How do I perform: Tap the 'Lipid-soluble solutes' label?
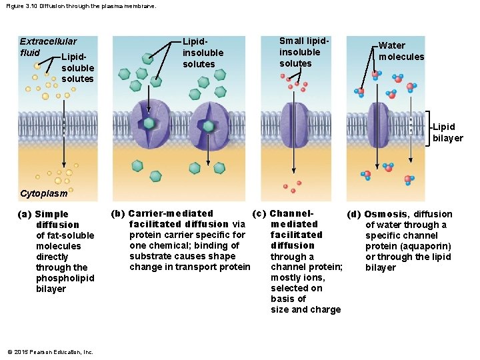tap(77, 68)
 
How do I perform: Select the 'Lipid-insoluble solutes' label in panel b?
tap(203, 53)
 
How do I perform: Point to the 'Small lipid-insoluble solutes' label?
tap(299, 52)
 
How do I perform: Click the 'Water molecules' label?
tap(401, 51)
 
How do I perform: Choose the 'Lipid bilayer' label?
tap(447, 133)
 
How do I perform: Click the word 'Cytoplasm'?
tap(44, 194)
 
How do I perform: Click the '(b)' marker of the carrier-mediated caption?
tap(117, 213)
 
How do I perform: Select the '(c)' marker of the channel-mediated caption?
tap(259, 213)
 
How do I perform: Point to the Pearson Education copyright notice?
tap(50, 352)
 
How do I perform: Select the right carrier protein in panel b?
tap(209, 125)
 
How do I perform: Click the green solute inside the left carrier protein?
tap(150, 124)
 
